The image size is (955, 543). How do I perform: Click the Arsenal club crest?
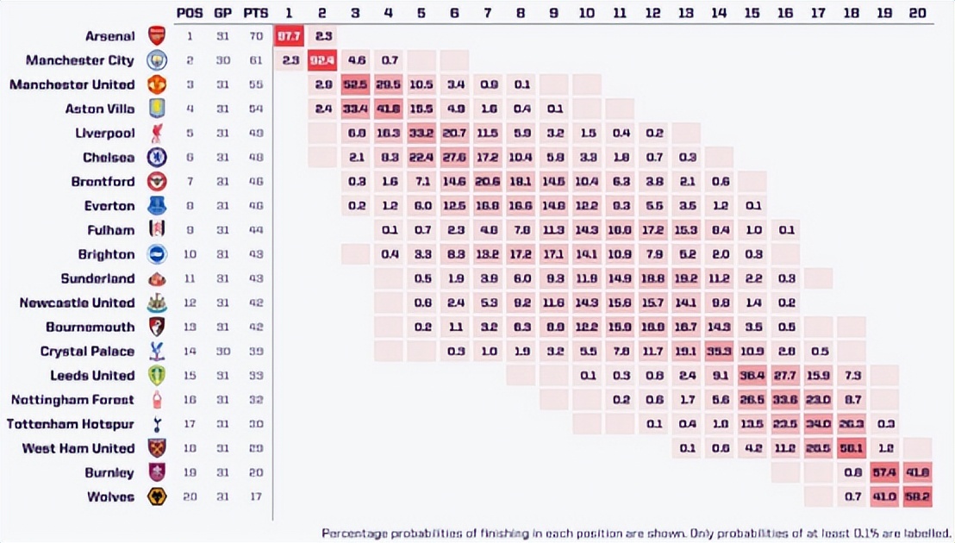point(156,36)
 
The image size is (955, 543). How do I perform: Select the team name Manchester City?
point(80,60)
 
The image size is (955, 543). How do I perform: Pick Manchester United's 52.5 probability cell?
point(356,84)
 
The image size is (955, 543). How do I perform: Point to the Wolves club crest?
point(156,497)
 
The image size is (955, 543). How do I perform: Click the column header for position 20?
point(918,13)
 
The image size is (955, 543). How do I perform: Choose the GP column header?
point(222,13)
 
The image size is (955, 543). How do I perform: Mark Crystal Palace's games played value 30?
point(222,352)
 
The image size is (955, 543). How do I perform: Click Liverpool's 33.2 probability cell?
point(421,134)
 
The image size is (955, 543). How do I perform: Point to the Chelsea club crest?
point(156,158)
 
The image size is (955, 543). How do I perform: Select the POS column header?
point(190,13)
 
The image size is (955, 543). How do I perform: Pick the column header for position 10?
point(586,13)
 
